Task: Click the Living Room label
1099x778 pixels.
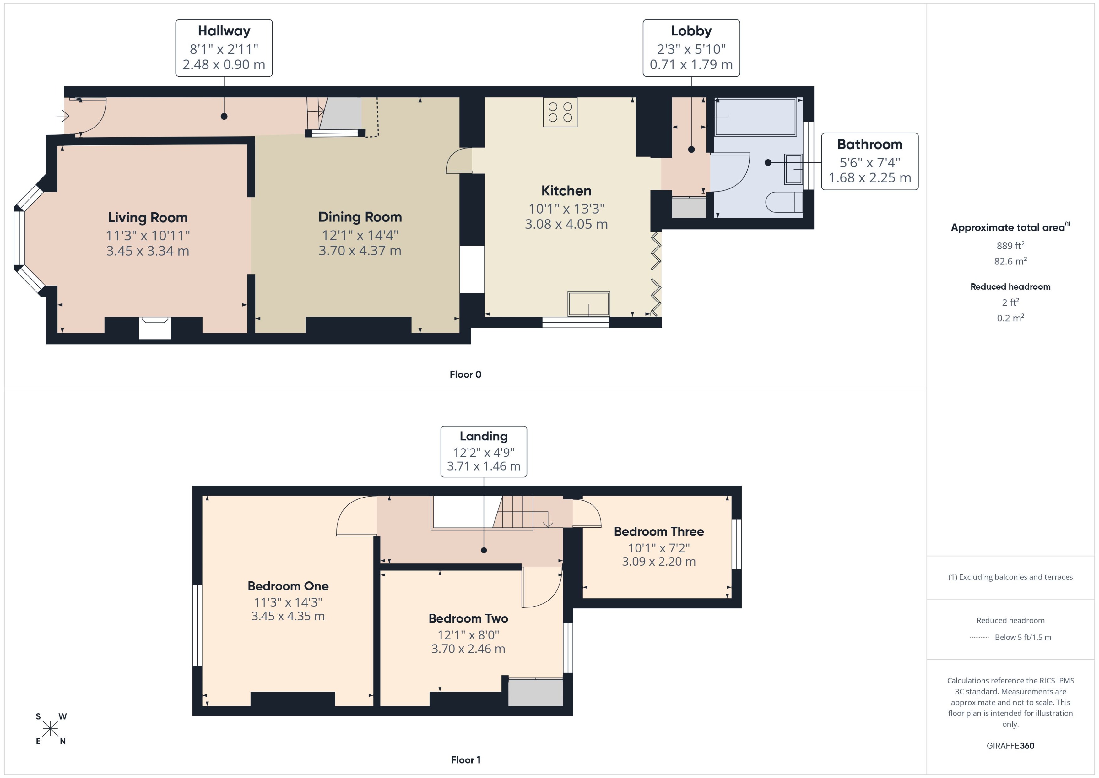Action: tap(148, 217)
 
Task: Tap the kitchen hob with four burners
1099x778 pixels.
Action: tap(560, 112)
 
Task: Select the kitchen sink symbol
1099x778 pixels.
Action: tap(588, 304)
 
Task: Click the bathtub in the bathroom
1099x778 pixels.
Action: tap(755, 117)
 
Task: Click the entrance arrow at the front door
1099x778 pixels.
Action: tap(63, 116)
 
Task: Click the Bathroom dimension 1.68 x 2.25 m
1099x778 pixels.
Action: tap(869, 178)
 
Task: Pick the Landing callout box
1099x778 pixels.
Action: tap(483, 451)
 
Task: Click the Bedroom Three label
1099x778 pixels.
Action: tap(658, 531)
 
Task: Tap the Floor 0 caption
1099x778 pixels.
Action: tap(465, 375)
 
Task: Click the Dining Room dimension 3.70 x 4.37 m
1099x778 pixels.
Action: tap(360, 251)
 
